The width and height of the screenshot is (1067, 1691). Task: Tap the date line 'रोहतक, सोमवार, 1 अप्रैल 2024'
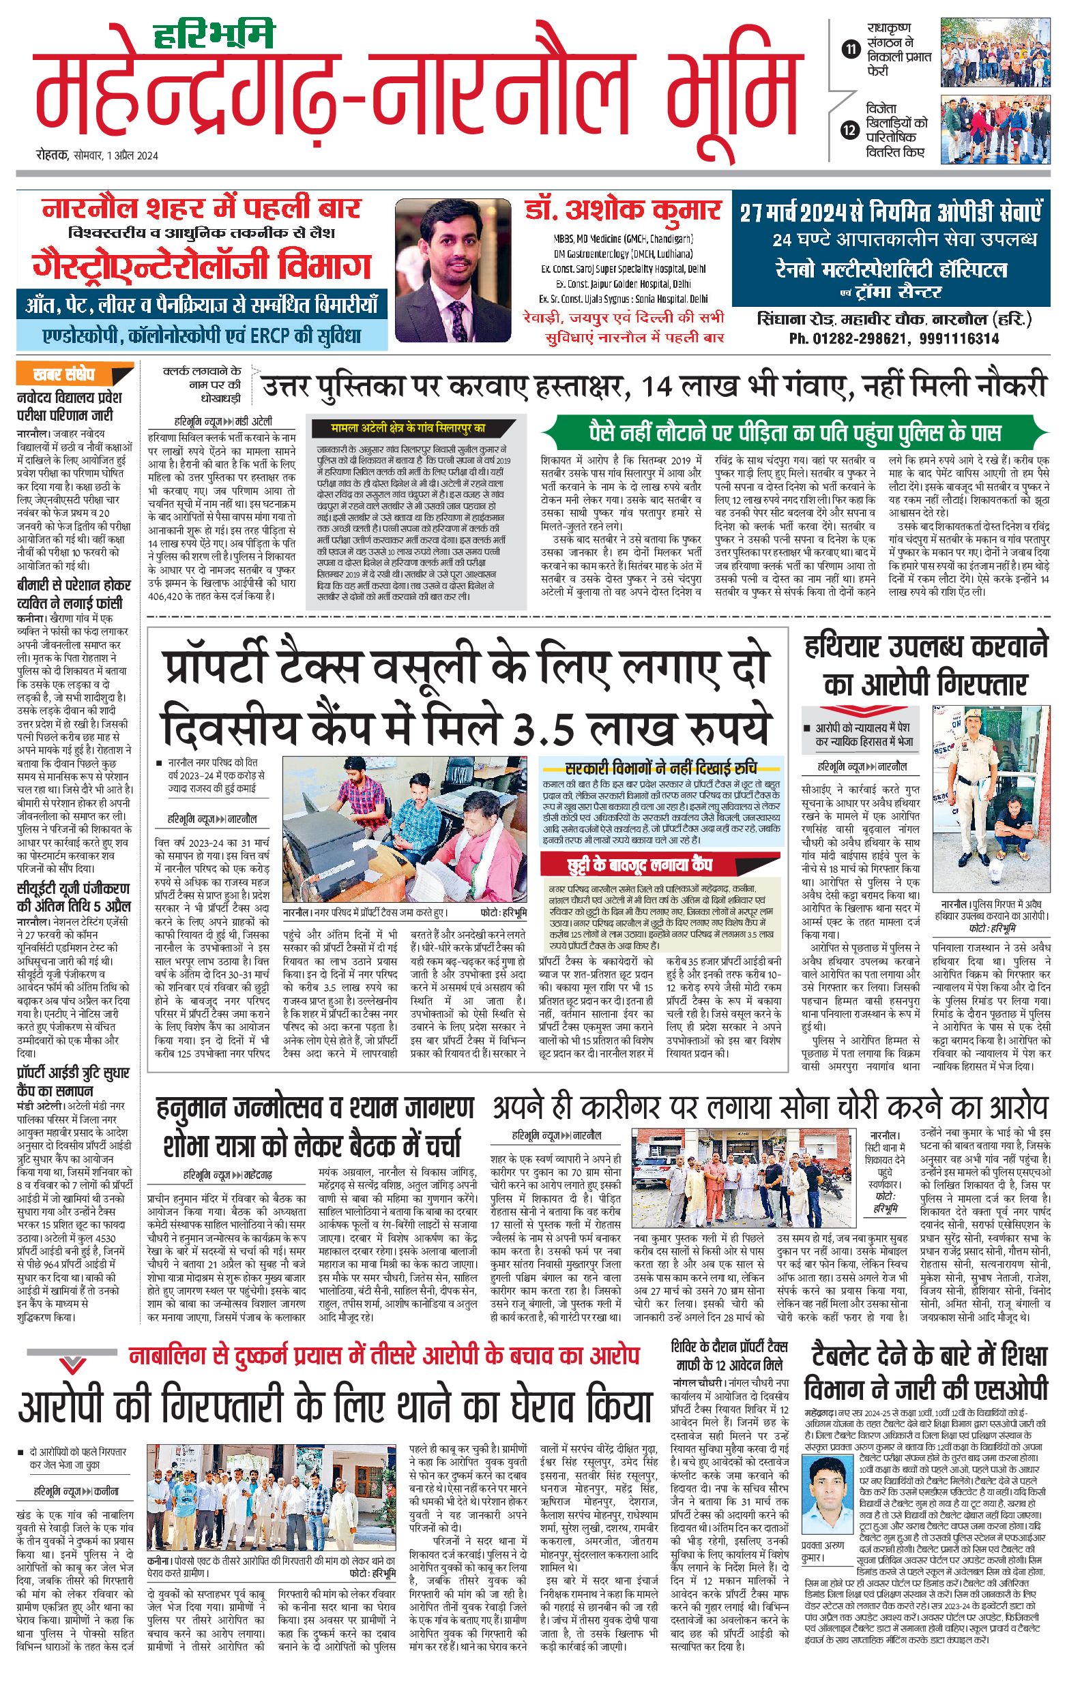pos(98,156)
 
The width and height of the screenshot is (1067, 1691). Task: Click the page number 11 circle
pos(851,49)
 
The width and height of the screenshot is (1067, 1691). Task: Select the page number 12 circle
pos(851,130)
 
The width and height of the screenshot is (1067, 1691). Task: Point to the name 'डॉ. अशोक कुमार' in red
pos(622,210)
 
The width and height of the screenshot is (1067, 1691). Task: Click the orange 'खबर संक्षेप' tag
pos(74,374)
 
